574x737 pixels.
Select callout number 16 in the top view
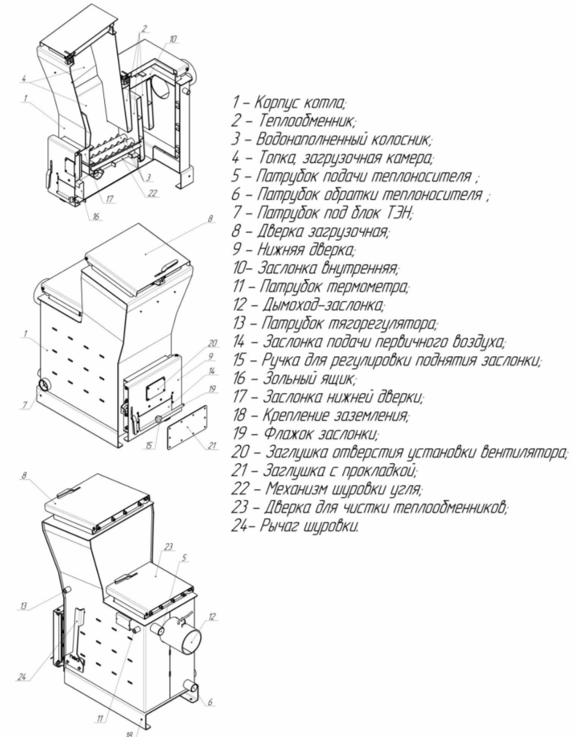point(97,216)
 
